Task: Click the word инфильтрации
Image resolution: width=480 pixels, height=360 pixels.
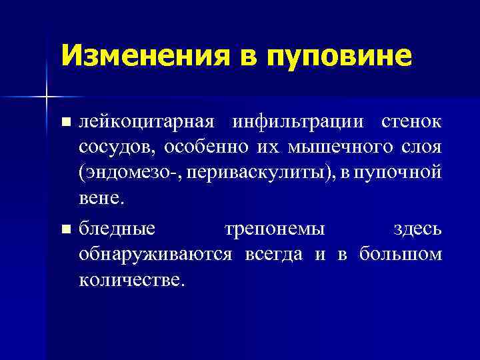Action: tap(299, 123)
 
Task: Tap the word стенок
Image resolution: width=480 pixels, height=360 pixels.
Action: tap(411, 123)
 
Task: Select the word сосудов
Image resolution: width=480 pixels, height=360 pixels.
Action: tap(113, 147)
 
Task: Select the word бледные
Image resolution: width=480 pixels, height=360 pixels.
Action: tap(117, 229)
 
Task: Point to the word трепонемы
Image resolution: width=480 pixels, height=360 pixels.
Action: tap(275, 229)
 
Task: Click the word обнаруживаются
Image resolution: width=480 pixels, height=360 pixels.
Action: tap(155, 255)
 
